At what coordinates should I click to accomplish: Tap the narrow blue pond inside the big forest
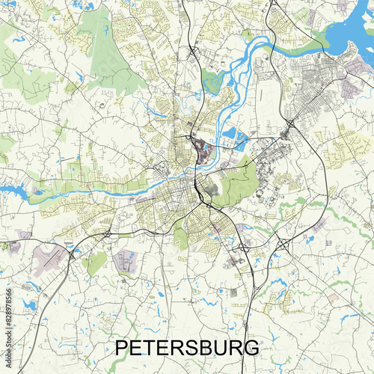(107, 30)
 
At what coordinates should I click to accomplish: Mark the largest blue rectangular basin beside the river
(230, 135)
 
